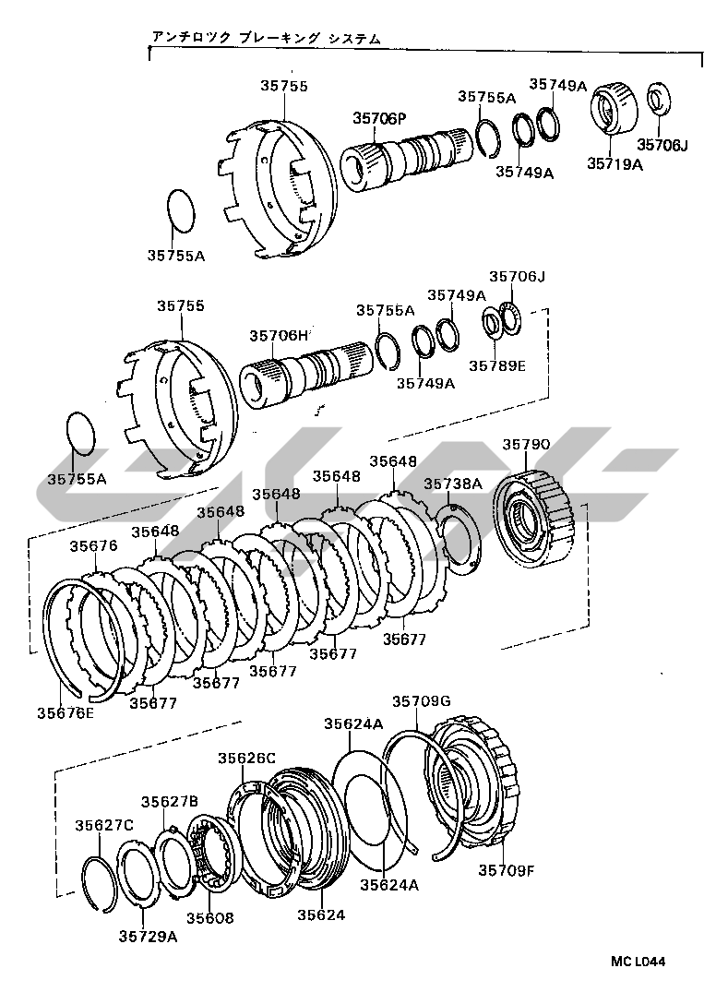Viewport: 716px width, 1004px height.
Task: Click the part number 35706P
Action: pos(379,118)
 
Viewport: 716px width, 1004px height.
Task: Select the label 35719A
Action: pos(615,163)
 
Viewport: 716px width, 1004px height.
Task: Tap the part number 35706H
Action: pos(279,336)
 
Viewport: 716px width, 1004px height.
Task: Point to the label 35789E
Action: pos(497,365)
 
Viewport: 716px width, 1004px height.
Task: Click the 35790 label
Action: pos(526,445)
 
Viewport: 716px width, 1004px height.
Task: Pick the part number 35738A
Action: pos(453,484)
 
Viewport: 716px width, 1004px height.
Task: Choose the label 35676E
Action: pos(66,712)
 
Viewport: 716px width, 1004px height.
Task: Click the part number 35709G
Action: pos(422,701)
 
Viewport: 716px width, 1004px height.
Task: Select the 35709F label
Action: pos(506,870)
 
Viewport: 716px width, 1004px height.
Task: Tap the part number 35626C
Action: pos(246,759)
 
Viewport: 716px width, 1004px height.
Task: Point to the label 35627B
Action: pos(170,802)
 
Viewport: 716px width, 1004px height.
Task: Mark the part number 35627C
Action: pos(103,825)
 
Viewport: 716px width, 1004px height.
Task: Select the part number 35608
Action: pos(210,918)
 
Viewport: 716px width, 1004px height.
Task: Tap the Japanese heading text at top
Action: pos(266,39)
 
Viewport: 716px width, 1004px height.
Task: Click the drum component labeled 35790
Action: pos(535,520)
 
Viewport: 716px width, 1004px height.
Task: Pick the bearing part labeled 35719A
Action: pos(613,108)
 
